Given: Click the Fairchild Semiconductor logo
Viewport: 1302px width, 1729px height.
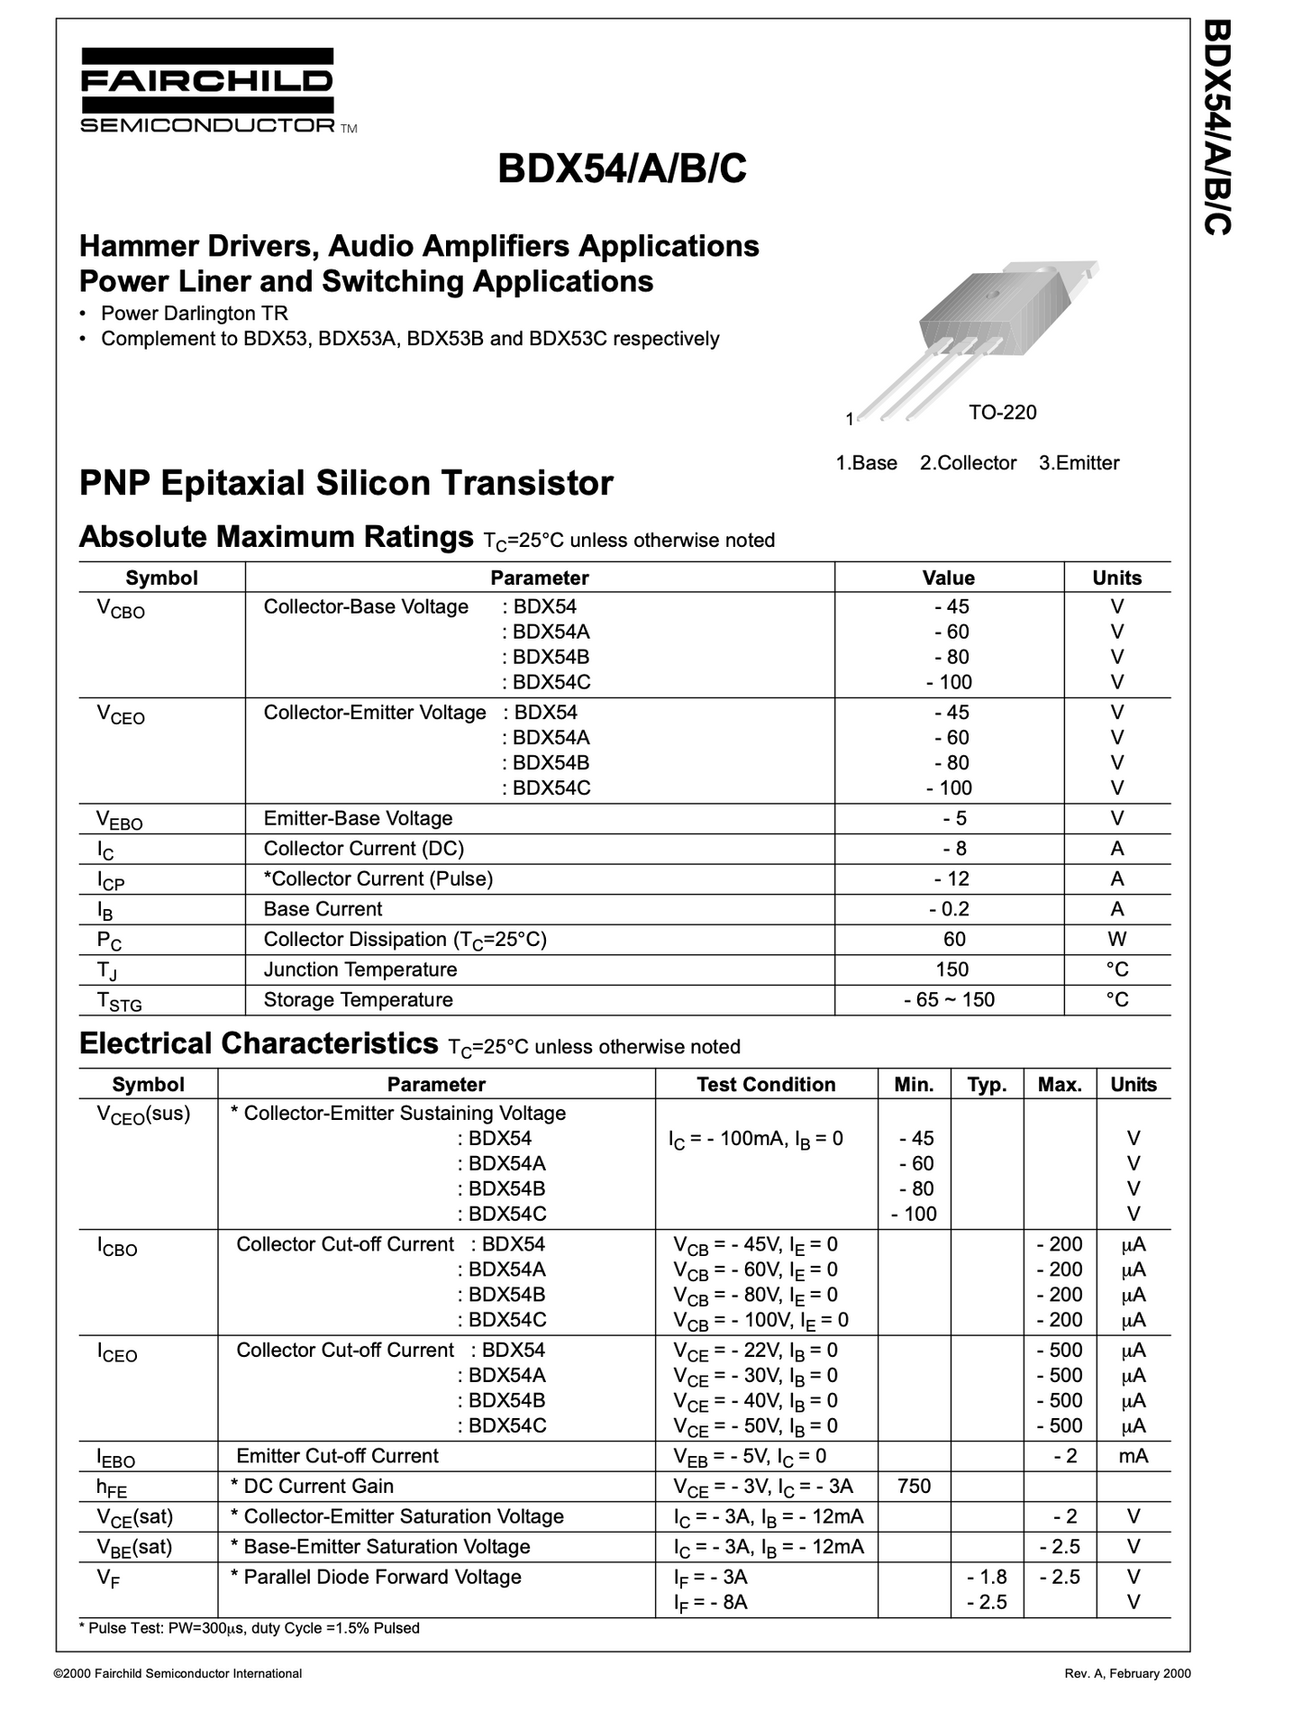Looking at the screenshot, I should coord(207,90).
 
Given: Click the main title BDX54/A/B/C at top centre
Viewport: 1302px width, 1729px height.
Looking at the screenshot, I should coord(622,168).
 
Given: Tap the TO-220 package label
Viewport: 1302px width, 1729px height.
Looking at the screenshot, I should coord(1002,413).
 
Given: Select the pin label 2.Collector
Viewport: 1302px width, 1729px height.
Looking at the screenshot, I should coord(968,463).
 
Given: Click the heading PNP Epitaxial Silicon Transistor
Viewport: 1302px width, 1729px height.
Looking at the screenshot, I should coord(346,484).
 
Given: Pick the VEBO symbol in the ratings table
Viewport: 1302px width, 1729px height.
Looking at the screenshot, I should coord(120,819).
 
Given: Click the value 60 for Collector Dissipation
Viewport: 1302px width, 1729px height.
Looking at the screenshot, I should coord(954,940).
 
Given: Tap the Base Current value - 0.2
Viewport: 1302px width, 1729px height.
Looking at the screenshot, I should coord(949,909).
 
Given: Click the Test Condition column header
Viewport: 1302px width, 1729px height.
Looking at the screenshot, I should coord(766,1085).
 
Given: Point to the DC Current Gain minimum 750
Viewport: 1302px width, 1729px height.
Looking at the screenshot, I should coord(914,1486).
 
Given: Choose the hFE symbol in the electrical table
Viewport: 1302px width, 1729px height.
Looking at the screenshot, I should coord(113,1488).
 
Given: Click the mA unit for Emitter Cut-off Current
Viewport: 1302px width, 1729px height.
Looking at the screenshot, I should coord(1133,1456).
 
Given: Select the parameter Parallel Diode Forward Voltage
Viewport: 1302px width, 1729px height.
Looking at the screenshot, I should coord(382,1577).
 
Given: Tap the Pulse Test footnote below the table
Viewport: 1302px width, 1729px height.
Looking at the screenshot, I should coord(250,1628).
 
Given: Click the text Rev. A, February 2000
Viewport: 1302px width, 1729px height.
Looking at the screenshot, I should coord(1127,1674).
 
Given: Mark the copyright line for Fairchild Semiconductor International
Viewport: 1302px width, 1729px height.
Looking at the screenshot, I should coord(178,1674).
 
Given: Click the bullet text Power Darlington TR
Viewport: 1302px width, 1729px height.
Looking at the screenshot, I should coord(194,314).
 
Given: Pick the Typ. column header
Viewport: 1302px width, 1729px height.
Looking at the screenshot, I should coord(987,1085).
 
